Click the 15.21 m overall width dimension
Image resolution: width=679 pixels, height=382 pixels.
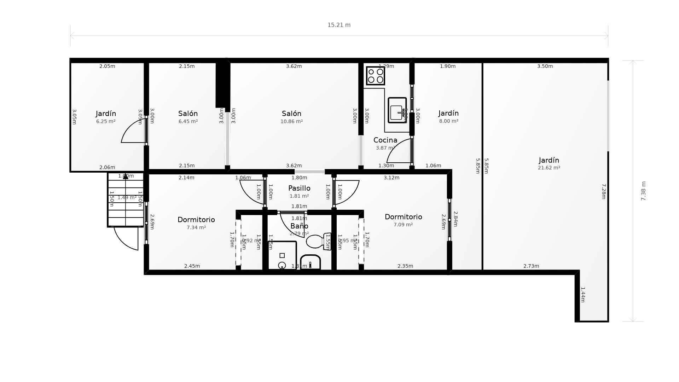339,25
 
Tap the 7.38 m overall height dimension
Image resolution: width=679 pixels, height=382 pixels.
643,191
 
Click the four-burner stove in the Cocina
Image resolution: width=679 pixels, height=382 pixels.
375,76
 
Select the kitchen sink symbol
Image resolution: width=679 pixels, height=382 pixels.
397,110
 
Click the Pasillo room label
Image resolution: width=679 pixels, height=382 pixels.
299,188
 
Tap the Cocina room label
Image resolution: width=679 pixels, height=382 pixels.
385,140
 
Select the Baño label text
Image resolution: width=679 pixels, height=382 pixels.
299,226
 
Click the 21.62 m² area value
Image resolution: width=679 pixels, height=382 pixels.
549,168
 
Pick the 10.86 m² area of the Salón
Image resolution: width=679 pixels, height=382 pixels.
291,121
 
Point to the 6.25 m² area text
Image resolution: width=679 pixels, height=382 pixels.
106,121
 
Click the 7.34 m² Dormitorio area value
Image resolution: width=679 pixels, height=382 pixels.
196,227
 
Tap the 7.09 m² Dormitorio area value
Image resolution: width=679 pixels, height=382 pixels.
403,225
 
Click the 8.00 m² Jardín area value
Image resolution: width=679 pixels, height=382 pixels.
448,121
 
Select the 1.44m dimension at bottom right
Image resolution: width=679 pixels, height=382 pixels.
583,295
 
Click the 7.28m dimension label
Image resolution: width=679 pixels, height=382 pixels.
604,191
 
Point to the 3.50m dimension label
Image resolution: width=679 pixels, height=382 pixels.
545,66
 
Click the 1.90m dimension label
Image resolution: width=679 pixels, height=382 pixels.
447,66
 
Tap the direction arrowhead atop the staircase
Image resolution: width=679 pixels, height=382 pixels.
126,176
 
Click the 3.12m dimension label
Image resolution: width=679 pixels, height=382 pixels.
391,178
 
